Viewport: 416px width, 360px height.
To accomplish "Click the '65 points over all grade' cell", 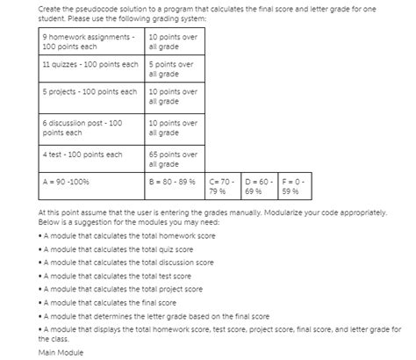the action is coord(174,158).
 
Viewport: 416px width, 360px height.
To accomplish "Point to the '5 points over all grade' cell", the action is coord(174,69).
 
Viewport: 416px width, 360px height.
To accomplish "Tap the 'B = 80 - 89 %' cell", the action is coord(174,184).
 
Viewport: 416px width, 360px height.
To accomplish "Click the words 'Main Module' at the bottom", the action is coord(60,352).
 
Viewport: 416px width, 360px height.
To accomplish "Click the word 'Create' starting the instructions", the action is coord(51,7).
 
